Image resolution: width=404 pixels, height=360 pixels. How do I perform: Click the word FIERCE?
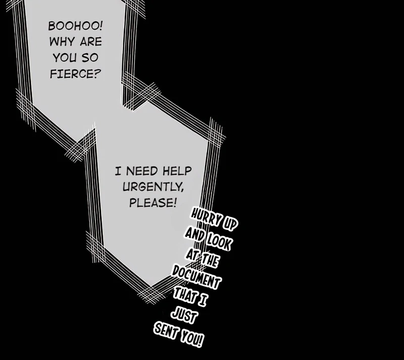click(x=75, y=75)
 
